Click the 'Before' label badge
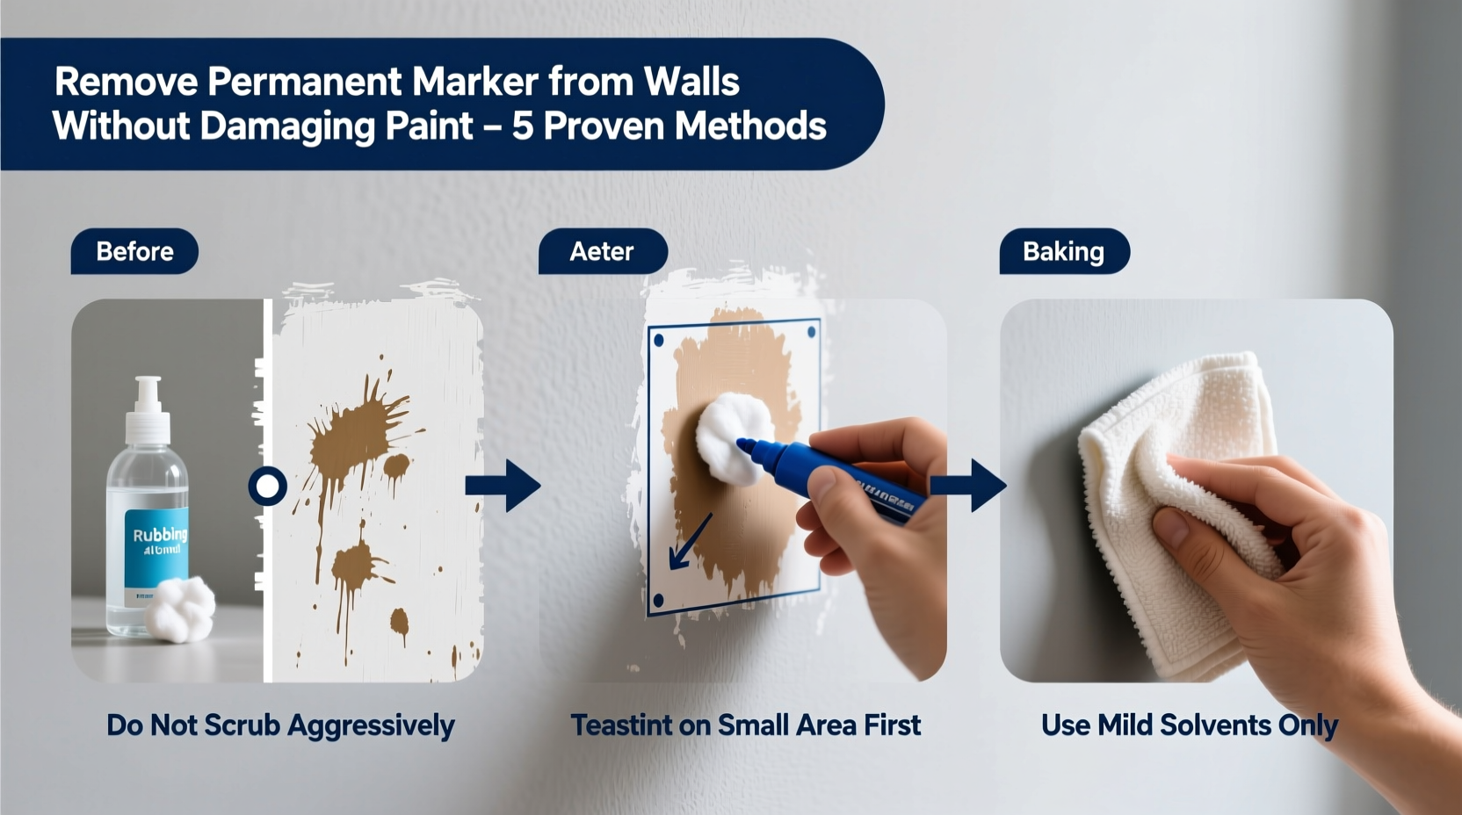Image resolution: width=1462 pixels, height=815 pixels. pos(134,251)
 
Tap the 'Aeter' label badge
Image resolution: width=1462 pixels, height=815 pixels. pos(602,251)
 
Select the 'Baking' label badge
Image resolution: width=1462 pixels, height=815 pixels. pos(1063,251)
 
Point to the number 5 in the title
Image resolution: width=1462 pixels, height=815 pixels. pos(523,126)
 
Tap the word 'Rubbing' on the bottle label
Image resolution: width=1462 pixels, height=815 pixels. pos(159,534)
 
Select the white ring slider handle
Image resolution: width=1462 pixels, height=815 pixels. pos(267,486)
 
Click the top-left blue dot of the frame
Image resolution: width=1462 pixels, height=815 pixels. pos(659,340)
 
